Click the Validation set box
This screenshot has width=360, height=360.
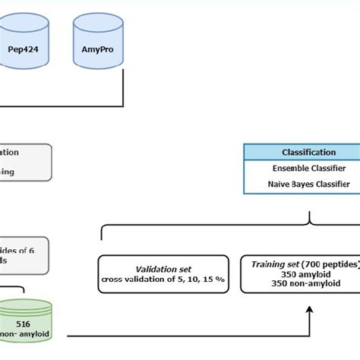pos(163,273)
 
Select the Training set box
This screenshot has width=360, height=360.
pos(301,273)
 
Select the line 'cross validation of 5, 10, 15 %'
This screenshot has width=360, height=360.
pos(163,279)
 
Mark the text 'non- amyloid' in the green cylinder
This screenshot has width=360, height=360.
pos(23,334)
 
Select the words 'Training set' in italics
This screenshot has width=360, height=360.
pos(272,263)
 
